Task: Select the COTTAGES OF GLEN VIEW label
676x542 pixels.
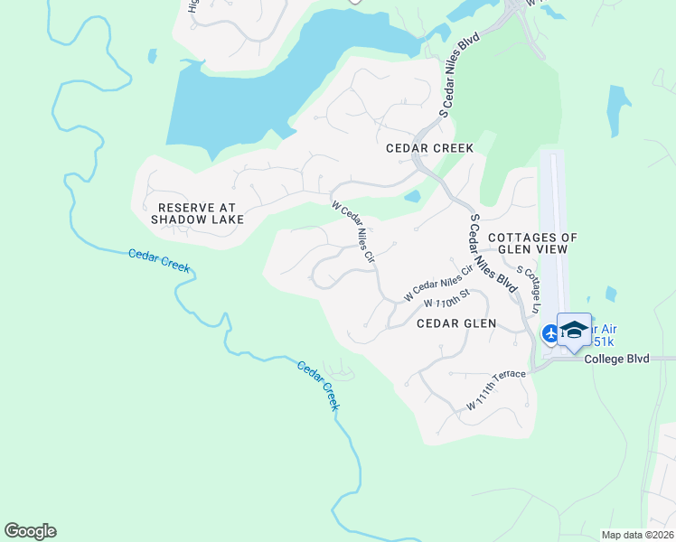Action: pyautogui.click(x=532, y=244)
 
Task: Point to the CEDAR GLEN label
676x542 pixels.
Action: pyautogui.click(x=456, y=322)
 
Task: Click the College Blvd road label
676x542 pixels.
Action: pyautogui.click(x=617, y=359)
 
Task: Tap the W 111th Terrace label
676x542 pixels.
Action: pyautogui.click(x=495, y=391)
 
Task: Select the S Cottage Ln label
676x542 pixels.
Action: pyautogui.click(x=528, y=289)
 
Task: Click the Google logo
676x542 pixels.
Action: pyautogui.click(x=30, y=531)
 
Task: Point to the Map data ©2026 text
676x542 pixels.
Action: pyautogui.click(x=637, y=535)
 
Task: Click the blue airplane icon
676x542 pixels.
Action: pyautogui.click(x=550, y=333)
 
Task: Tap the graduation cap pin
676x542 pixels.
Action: pyautogui.click(x=574, y=329)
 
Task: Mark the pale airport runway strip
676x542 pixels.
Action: pyautogui.click(x=554, y=226)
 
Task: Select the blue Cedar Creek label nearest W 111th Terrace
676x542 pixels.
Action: pyautogui.click(x=318, y=386)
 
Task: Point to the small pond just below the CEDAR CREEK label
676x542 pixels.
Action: pyautogui.click(x=412, y=196)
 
